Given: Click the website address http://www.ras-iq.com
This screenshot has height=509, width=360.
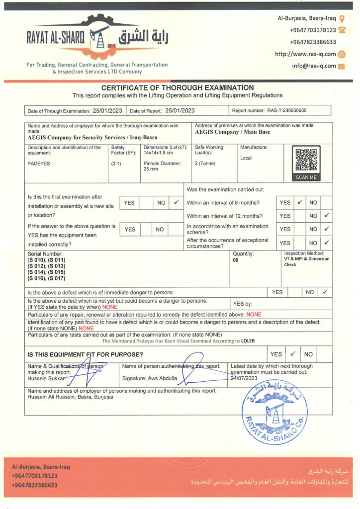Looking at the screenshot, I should coord(305,54).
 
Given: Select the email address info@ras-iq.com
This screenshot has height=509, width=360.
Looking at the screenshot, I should coord(314,66).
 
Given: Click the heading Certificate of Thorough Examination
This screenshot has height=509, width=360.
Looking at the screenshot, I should coord(178,87).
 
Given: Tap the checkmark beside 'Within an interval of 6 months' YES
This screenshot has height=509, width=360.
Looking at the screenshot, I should coord(300,203).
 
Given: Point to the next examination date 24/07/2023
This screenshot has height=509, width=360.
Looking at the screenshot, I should coord(244,378).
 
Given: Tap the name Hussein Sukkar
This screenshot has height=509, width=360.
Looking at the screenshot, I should coord(46,378).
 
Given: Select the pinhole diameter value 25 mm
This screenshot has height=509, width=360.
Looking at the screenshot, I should coord(151,170).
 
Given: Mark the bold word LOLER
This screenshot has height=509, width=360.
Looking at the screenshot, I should coord(248,341).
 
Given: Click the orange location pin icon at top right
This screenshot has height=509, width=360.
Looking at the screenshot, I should coord(342,18).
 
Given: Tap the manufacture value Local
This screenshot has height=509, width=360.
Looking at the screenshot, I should coord(246,158).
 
